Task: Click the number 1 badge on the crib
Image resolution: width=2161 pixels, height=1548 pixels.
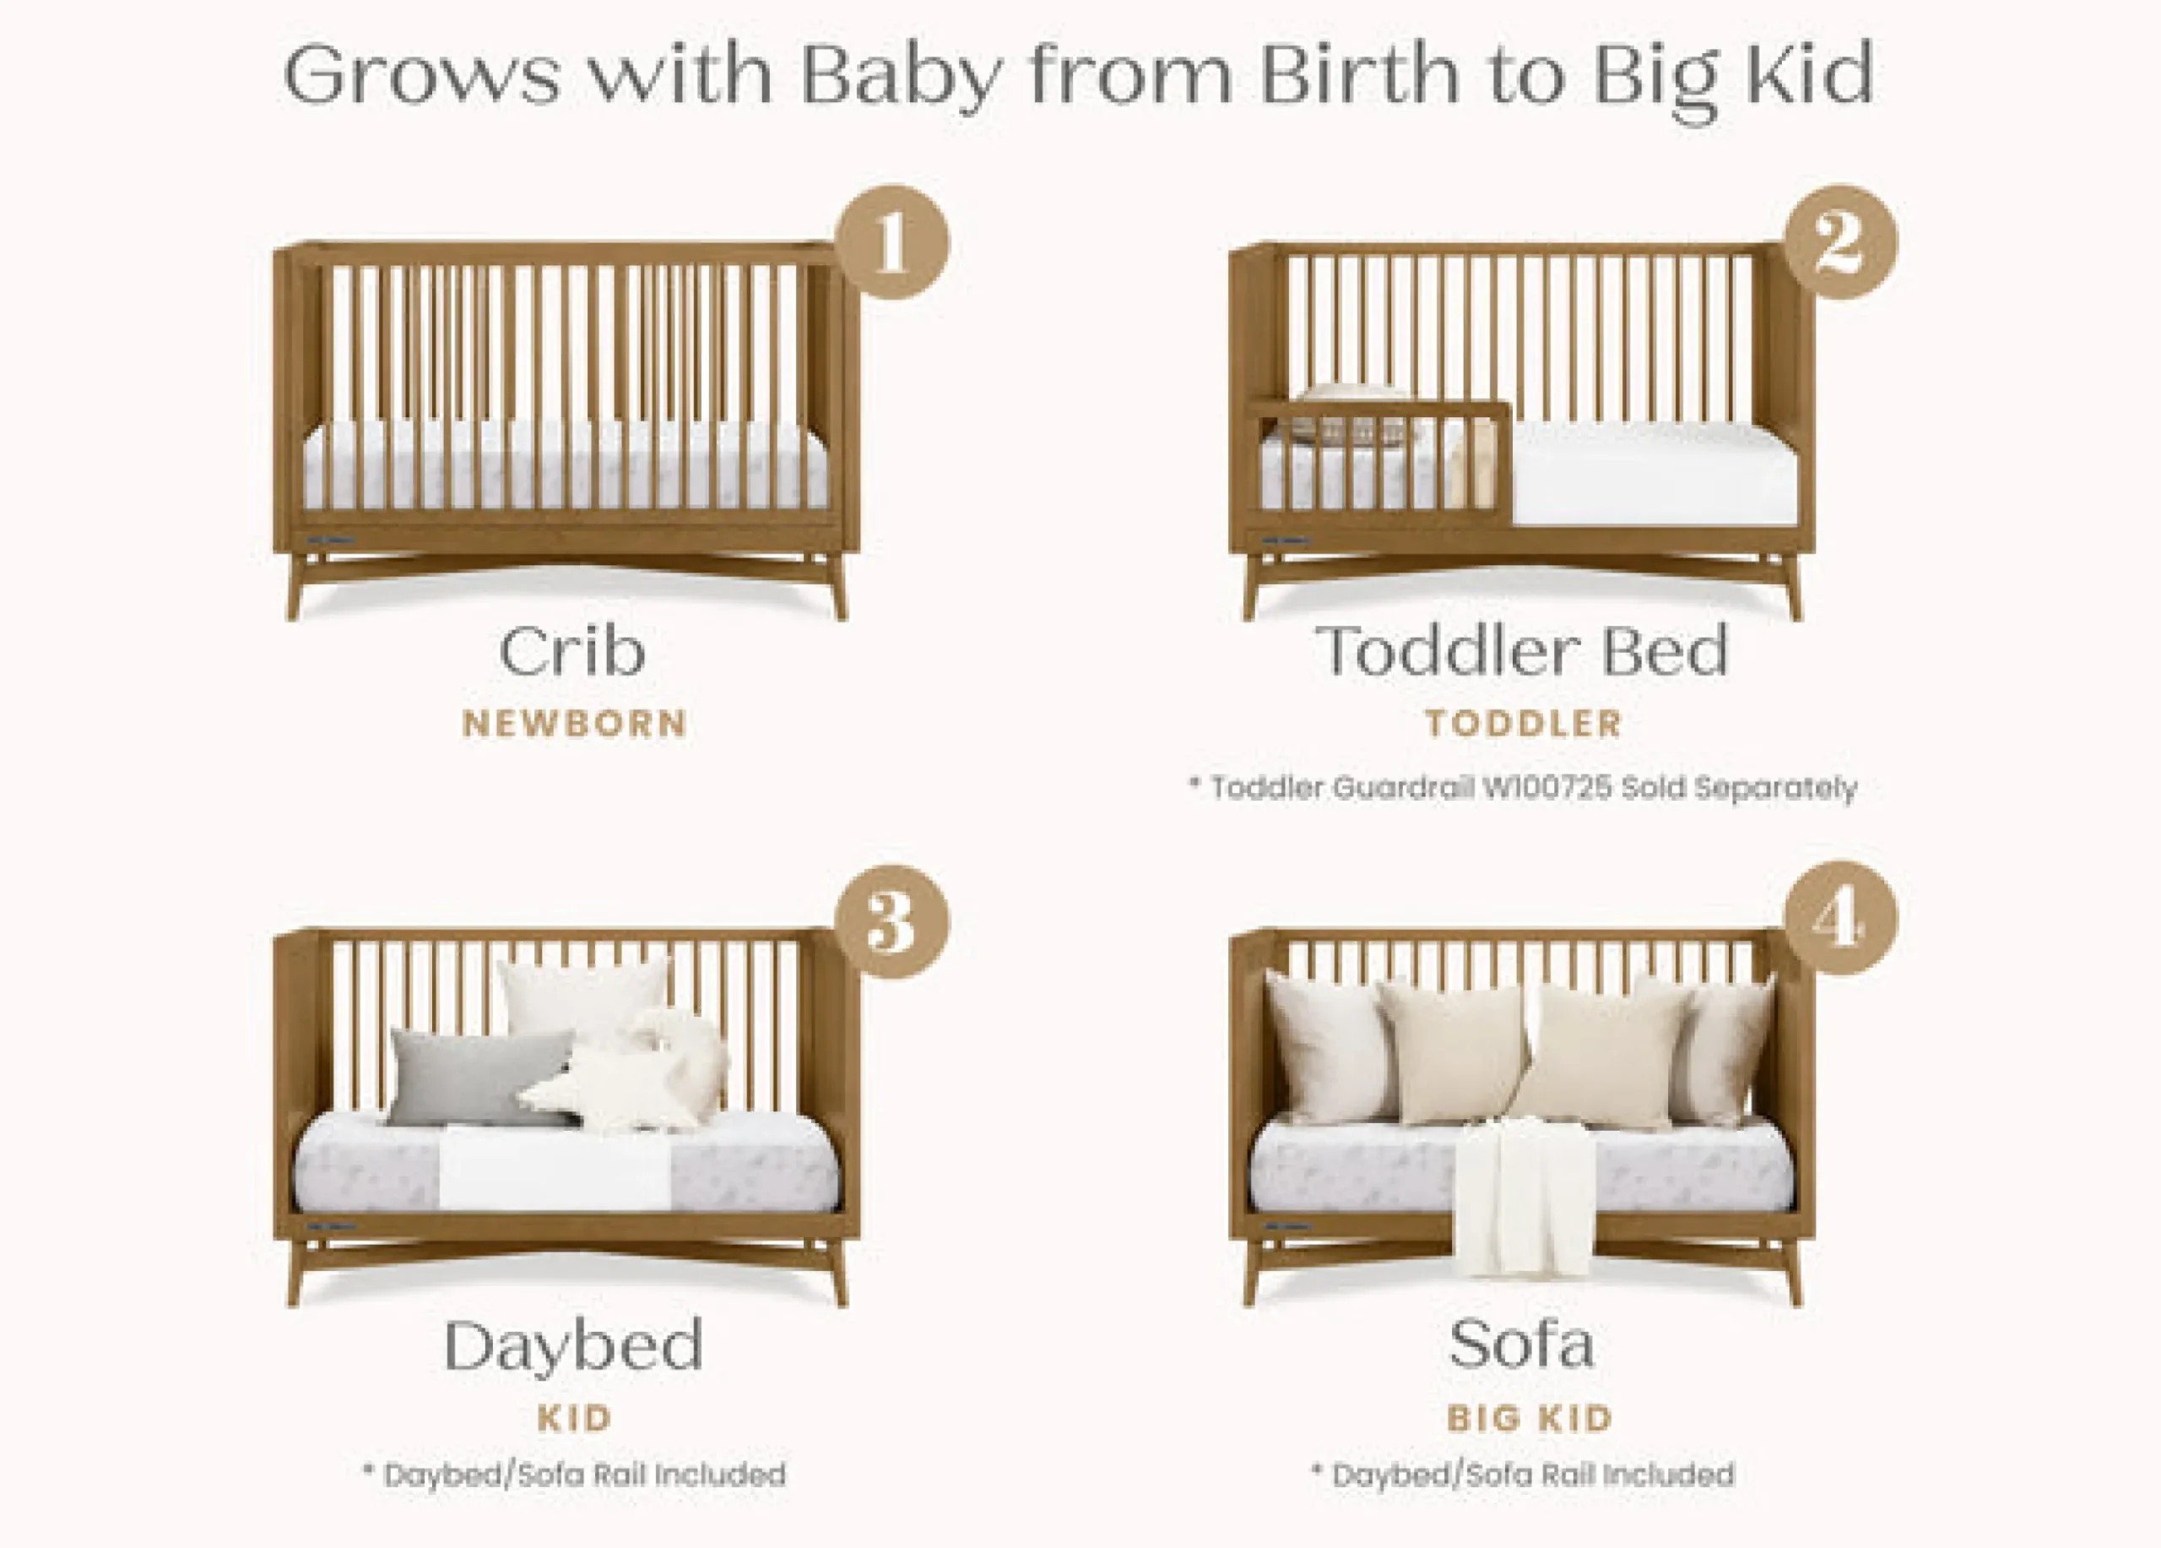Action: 892,242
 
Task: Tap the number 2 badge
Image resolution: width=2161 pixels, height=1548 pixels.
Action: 1840,242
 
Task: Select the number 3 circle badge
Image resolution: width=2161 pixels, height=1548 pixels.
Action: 892,921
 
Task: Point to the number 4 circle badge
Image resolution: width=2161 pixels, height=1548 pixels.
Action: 1840,918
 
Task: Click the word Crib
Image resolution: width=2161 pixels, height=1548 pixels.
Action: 572,652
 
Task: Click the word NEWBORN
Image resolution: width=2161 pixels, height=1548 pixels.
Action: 575,725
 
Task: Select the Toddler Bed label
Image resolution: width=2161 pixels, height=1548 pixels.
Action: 1522,652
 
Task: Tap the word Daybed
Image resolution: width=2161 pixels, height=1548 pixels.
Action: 574,1347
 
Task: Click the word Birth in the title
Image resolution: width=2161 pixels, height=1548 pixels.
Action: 1361,74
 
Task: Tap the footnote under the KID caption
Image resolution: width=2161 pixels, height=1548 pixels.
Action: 575,1475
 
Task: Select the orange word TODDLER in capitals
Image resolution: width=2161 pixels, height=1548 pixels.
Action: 1524,724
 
